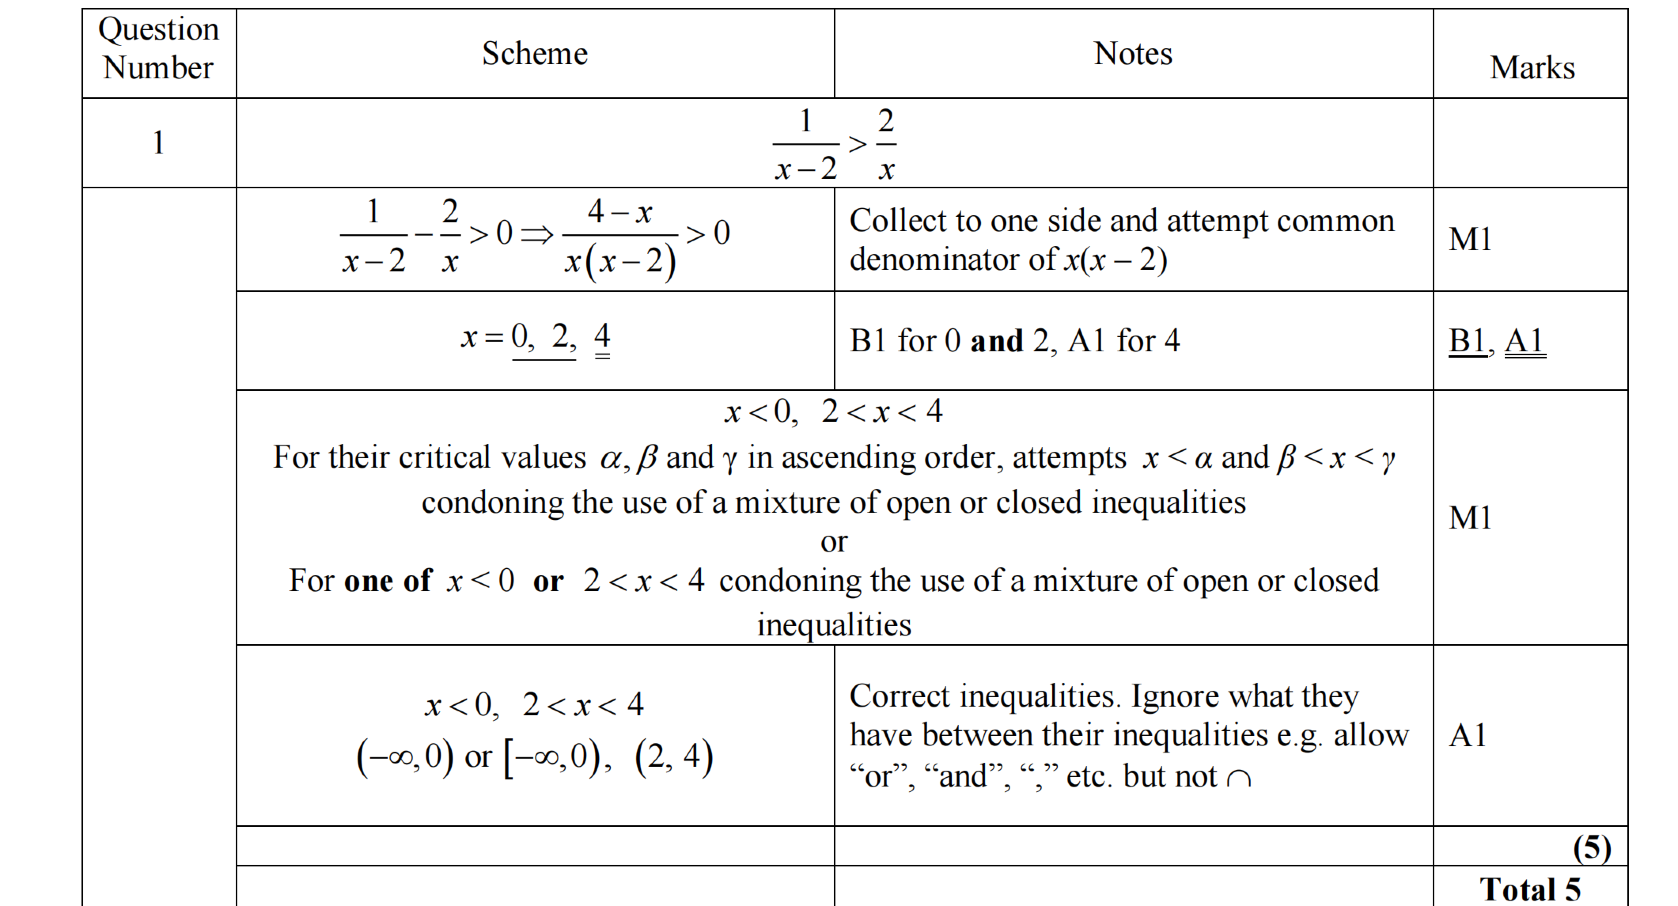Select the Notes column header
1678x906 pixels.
click(1133, 53)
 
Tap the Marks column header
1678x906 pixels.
click(1532, 68)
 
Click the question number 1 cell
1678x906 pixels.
click(158, 143)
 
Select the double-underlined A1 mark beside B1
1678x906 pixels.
click(1524, 341)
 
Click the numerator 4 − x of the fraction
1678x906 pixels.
click(619, 212)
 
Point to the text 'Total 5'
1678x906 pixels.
click(1530, 889)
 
